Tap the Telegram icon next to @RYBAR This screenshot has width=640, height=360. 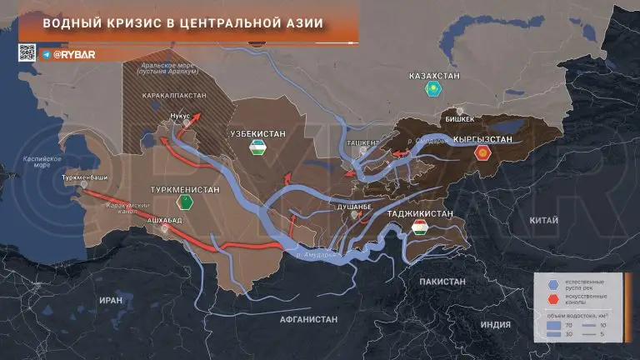tap(46, 53)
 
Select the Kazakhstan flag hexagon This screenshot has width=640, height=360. tap(433, 88)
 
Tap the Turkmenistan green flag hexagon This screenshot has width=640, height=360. tap(184, 202)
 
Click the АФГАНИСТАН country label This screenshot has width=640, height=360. tap(309, 319)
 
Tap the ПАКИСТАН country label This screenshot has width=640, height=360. tap(442, 282)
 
